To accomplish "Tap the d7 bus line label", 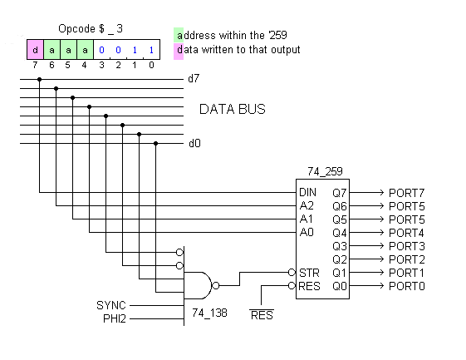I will pyautogui.click(x=194, y=80).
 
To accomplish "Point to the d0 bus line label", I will pyautogui.click(x=194, y=143).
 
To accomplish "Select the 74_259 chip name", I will pyautogui.click(x=324, y=171).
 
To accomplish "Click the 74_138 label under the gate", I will pyautogui.click(x=209, y=313).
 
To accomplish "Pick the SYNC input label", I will pyautogui.click(x=110, y=305).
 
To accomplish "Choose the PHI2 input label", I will pyautogui.click(x=114, y=318).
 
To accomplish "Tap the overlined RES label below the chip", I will pyautogui.click(x=262, y=315).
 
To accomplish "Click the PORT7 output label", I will pyautogui.click(x=406, y=192).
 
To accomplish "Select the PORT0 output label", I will pyautogui.click(x=406, y=286).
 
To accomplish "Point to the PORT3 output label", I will pyautogui.click(x=406, y=246).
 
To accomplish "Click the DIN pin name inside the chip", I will pyautogui.click(x=307, y=192).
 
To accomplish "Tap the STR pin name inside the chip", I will pyautogui.click(x=308, y=273).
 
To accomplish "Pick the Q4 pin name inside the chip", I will pyautogui.click(x=339, y=232).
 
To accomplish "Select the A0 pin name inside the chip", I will pyautogui.click(x=307, y=232).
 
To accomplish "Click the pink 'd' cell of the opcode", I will pyautogui.click(x=35, y=49).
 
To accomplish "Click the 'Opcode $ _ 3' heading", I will pyautogui.click(x=91, y=28).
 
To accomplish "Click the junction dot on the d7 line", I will pyautogui.click(x=39, y=80).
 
